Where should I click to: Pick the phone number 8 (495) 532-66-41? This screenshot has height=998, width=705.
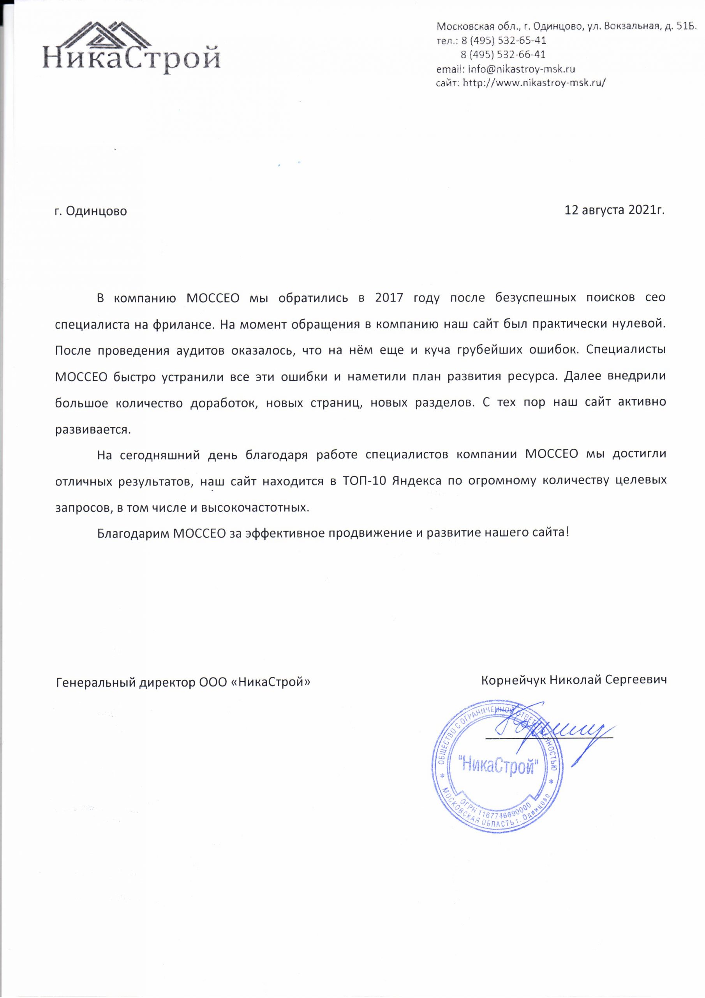[x=503, y=55]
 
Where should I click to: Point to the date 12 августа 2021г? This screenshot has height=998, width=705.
[x=614, y=211]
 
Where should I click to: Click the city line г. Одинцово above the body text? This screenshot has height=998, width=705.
[x=91, y=212]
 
